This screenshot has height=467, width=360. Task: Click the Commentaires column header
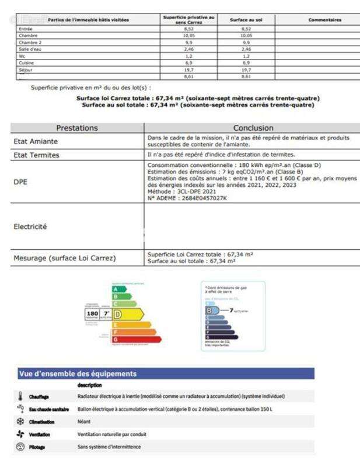[325, 20]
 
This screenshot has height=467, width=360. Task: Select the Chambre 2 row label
[30, 43]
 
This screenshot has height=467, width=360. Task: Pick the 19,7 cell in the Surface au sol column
[246, 69]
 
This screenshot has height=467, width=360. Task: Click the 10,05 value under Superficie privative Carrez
[188, 36]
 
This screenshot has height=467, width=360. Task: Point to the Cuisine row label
[27, 62]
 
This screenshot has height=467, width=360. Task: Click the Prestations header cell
[77, 128]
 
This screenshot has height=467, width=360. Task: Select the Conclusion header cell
[253, 128]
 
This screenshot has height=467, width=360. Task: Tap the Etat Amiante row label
[36, 141]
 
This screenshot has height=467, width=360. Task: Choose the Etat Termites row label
[37, 155]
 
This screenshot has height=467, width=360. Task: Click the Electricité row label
[30, 226]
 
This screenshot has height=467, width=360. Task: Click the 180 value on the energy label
[92, 314]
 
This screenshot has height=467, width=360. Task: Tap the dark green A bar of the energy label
[118, 289]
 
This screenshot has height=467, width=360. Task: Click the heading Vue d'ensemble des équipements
[78, 374]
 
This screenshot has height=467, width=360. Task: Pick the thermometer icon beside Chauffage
[20, 396]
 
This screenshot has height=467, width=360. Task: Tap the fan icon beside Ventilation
[20, 434]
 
